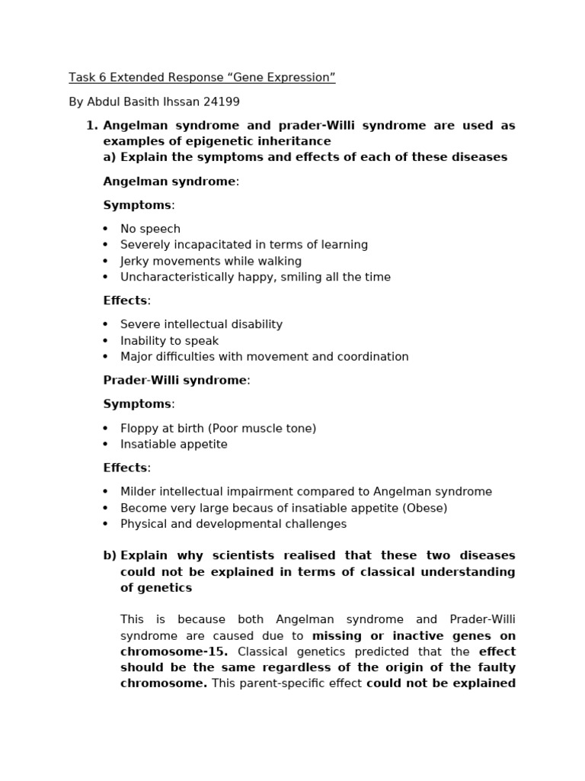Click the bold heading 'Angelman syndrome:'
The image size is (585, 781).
(171, 182)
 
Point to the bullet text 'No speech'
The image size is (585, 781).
(150, 229)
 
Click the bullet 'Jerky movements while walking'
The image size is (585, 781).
(211, 261)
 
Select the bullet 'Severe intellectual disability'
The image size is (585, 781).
(201, 324)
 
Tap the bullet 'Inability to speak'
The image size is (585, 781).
(169, 341)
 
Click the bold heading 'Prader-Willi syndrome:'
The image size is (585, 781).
(176, 380)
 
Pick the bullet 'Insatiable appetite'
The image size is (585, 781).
(174, 444)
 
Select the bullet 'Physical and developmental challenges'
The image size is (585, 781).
(233, 524)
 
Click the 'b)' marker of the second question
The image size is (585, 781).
(110, 555)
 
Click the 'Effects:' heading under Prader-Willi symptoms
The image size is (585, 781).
(126, 468)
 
